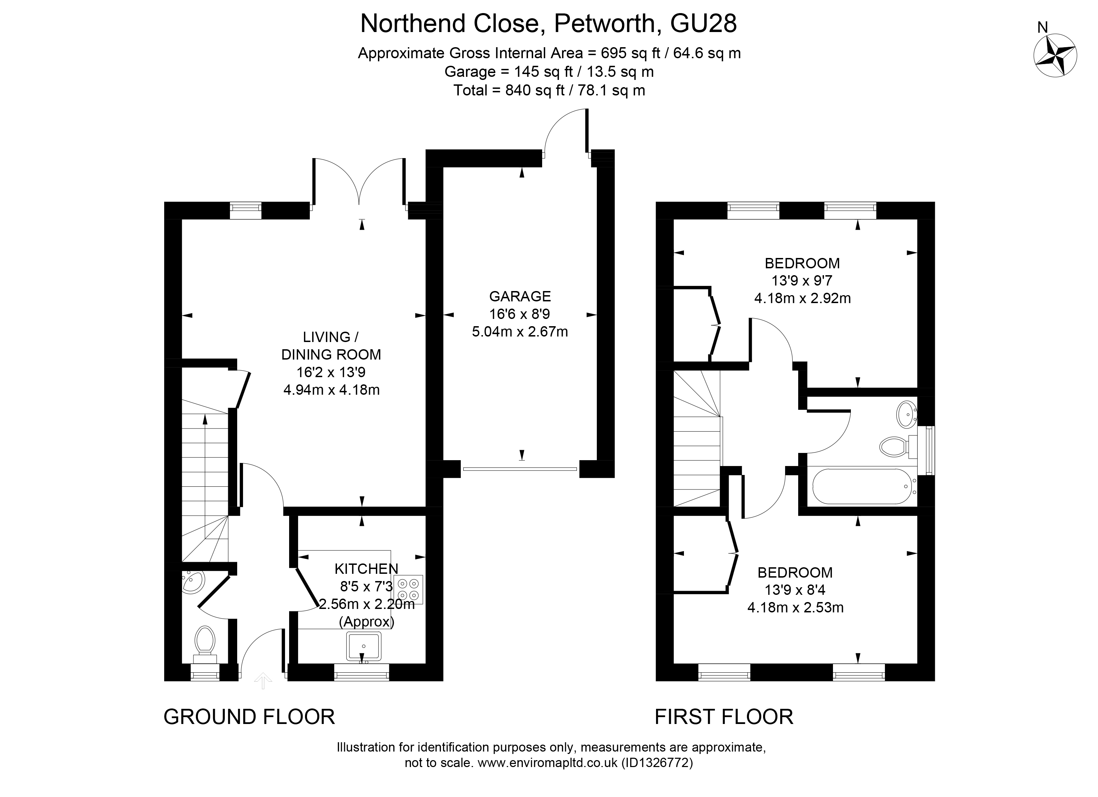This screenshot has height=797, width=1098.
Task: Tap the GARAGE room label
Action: (x=520, y=296)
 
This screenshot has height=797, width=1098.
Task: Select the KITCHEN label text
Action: (x=367, y=568)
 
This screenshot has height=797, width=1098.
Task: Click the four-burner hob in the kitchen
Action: (x=408, y=589)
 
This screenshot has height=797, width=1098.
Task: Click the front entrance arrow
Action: (x=263, y=680)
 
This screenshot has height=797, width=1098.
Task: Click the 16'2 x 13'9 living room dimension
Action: (x=331, y=372)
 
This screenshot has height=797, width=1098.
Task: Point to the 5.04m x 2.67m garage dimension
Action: (x=520, y=332)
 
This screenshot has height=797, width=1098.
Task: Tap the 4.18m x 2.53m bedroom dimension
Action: (x=795, y=608)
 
